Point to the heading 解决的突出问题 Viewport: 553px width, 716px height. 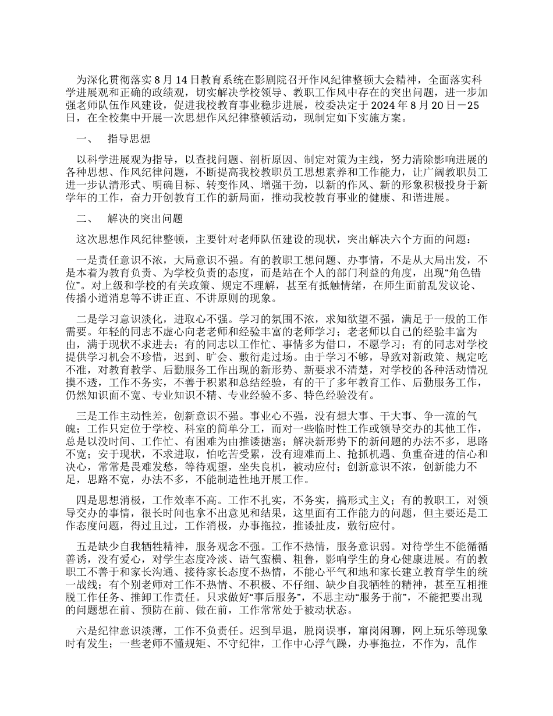pos(146,219)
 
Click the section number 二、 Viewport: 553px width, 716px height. pos(85,219)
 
